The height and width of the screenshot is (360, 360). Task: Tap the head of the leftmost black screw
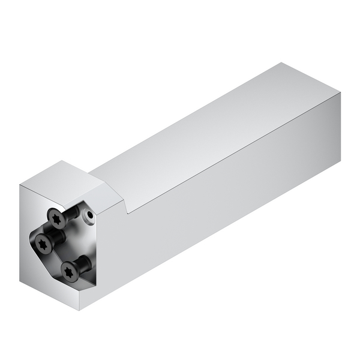coord(42,243)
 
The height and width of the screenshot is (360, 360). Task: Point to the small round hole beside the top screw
coord(89,214)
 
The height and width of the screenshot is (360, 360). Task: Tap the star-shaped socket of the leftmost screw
coord(41,243)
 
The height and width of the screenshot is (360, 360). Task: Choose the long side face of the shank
coord(228,198)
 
